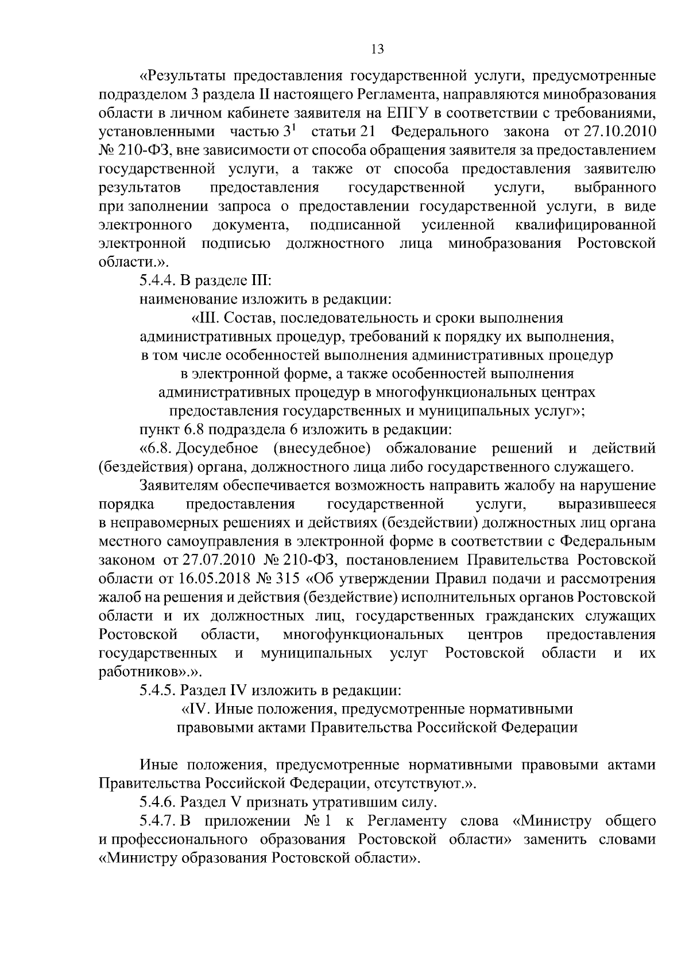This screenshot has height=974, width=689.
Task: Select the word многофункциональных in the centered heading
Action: click(x=438, y=392)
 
